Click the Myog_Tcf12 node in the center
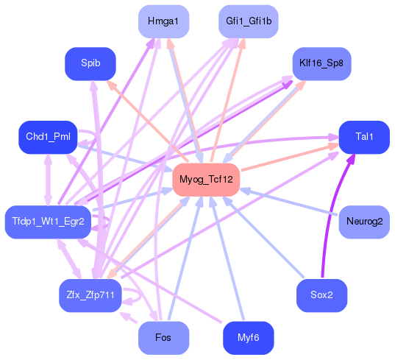206,180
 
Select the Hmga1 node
163,21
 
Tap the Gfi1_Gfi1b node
249,21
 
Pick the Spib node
90,64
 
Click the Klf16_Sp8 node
321,64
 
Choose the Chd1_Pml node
47,137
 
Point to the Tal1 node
364,137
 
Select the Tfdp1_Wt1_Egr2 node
48,222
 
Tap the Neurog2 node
364,222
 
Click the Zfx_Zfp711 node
90,295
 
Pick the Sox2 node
321,295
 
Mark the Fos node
163,338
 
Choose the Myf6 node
248,338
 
